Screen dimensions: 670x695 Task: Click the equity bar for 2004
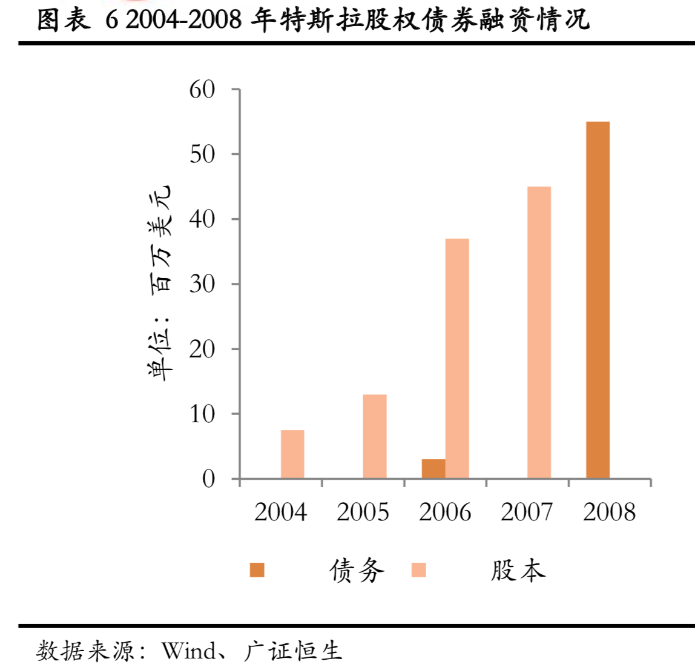292,454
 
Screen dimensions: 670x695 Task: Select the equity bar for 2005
375,437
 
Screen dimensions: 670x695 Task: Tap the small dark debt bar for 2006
433,469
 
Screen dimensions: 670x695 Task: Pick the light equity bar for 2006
457,359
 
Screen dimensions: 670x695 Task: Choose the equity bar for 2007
539,333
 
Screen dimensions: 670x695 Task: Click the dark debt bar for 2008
598,300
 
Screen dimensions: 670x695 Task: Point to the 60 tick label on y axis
202,90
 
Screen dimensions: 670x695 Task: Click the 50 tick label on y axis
202,154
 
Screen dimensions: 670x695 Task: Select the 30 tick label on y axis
202,284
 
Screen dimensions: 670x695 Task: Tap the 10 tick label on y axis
202,414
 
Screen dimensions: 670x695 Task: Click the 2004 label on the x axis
280,512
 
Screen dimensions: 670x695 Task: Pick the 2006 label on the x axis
445,512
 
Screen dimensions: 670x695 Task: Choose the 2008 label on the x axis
609,512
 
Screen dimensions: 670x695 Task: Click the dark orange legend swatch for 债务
257,570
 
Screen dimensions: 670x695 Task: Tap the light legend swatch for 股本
418,570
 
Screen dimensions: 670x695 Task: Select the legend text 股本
518,571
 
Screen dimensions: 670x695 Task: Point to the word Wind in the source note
189,651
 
